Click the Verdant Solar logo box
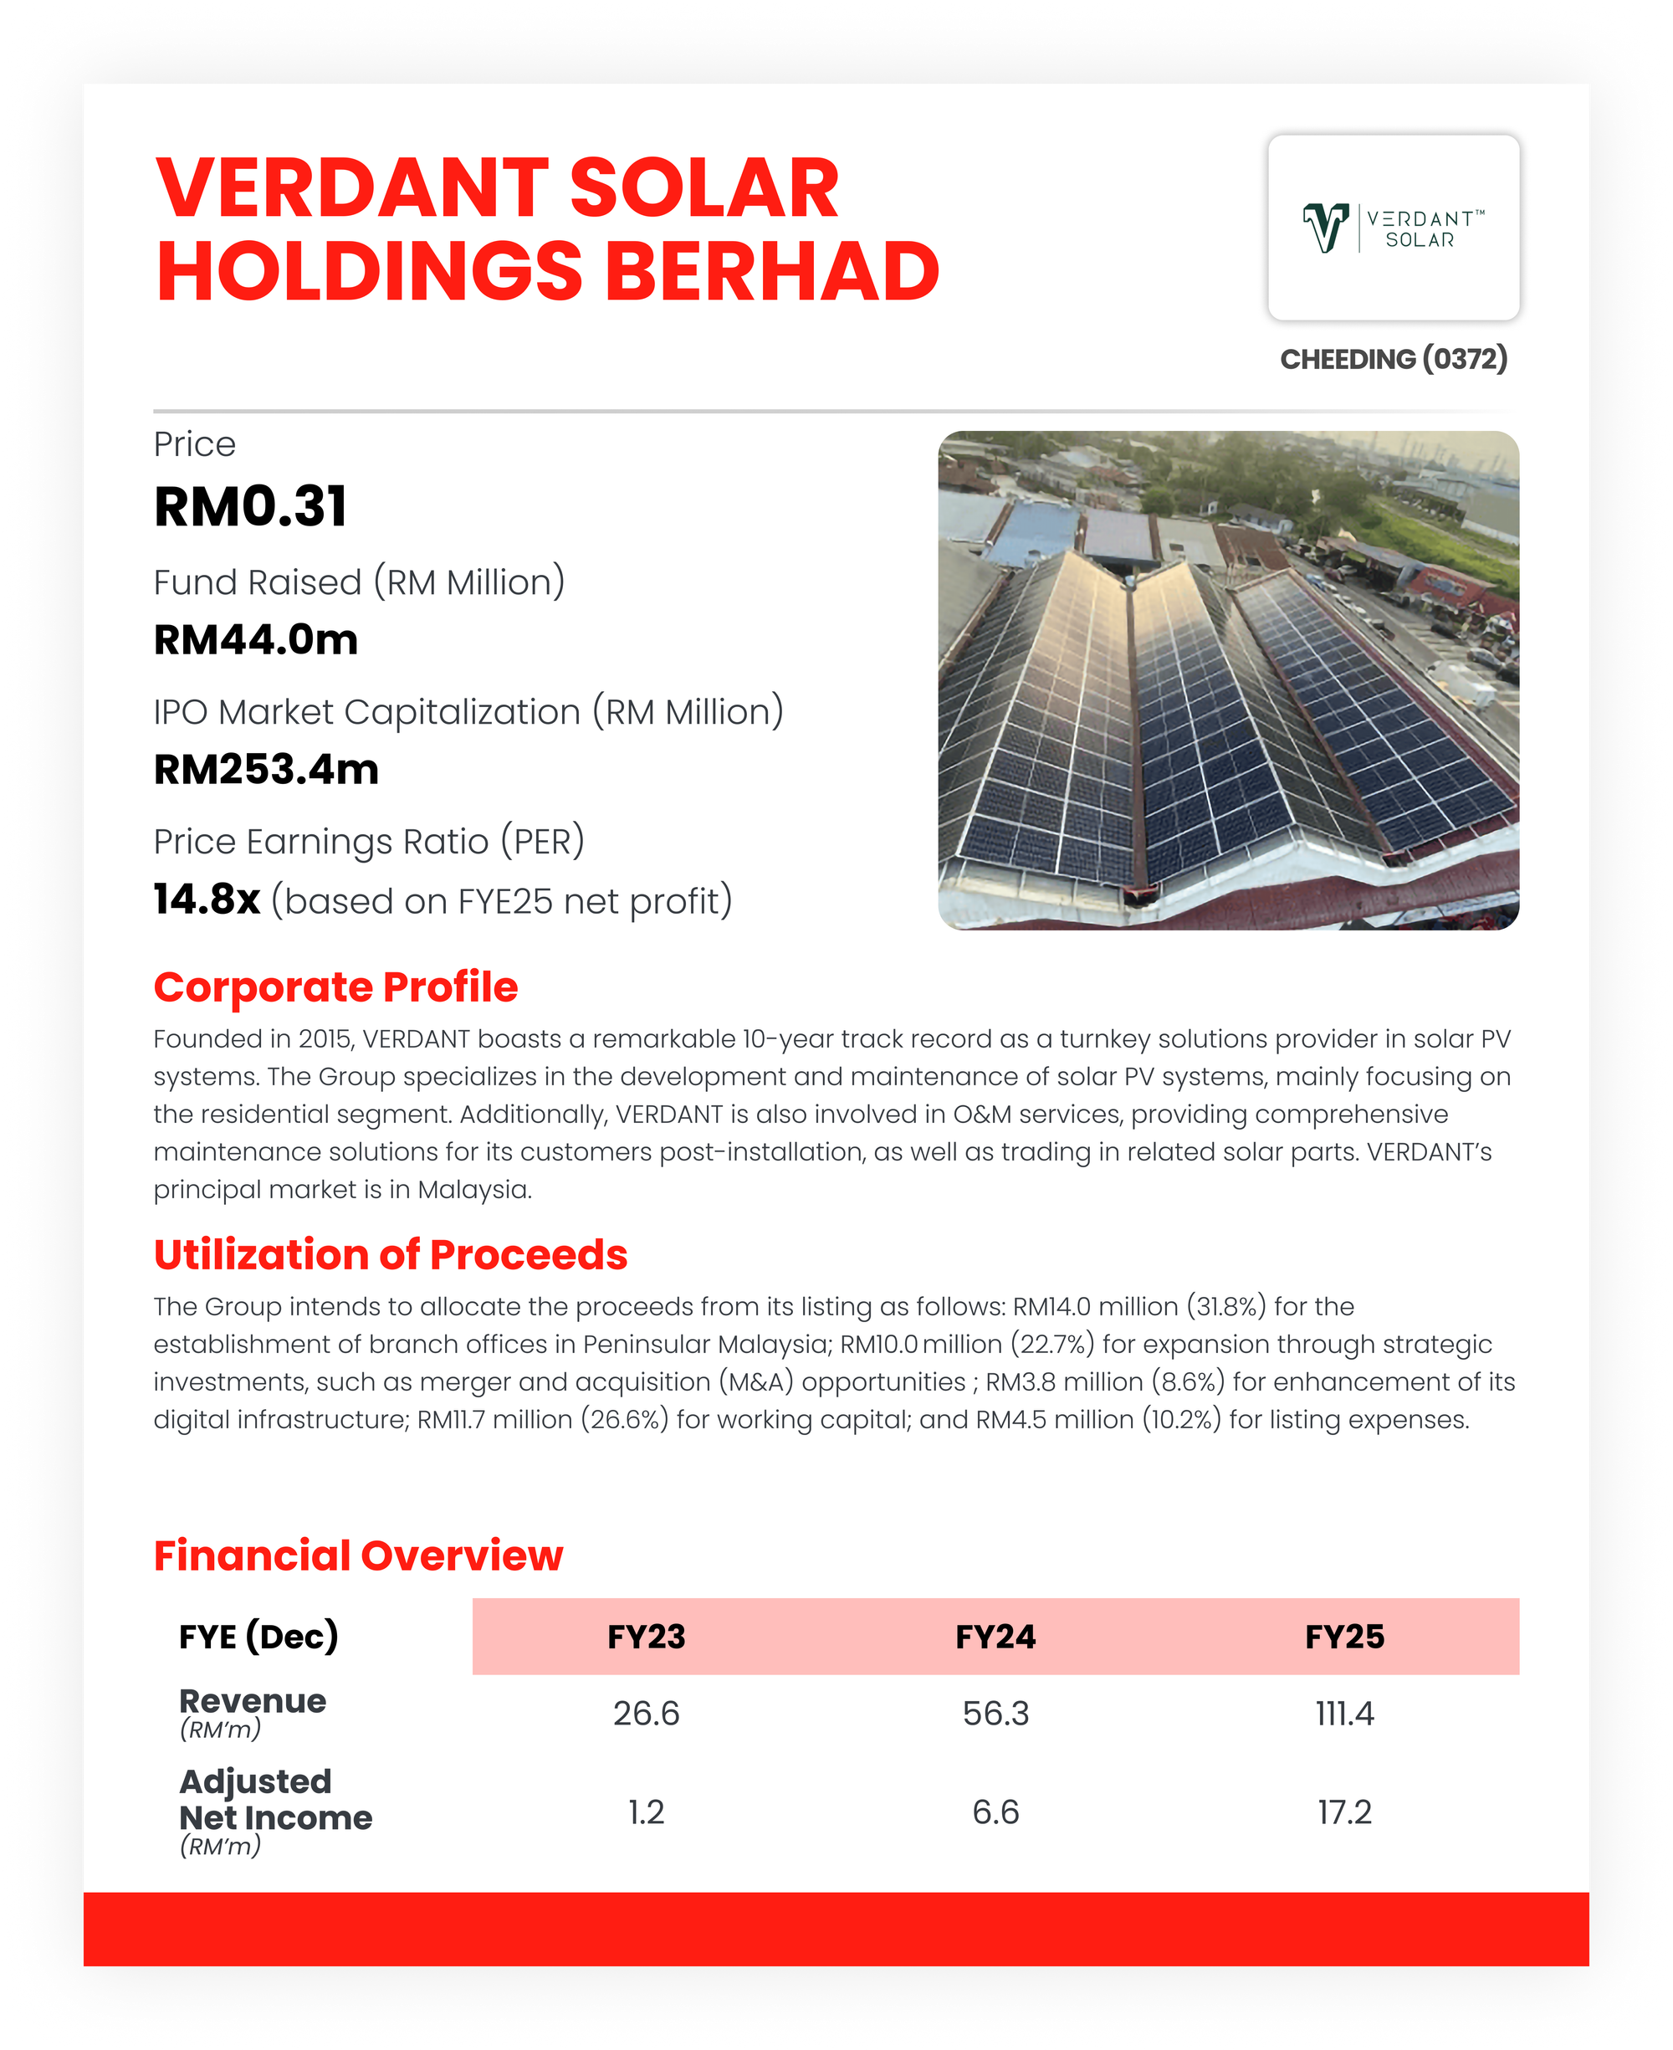point(1394,228)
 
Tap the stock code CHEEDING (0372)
point(1394,360)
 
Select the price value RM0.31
point(251,507)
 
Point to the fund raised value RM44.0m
point(255,640)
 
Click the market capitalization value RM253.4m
point(266,769)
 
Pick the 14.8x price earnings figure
point(207,899)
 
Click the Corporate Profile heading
point(335,987)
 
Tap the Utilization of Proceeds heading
point(391,1254)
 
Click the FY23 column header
point(646,1637)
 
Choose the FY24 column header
point(995,1637)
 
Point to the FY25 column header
point(1344,1637)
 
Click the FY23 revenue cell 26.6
point(646,1714)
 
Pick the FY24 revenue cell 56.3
point(995,1714)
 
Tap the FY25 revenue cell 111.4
point(1344,1714)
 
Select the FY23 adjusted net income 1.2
point(646,1812)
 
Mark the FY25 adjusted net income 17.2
point(1344,1812)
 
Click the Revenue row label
point(253,1702)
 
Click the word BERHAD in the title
point(772,272)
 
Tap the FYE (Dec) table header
point(258,1637)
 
